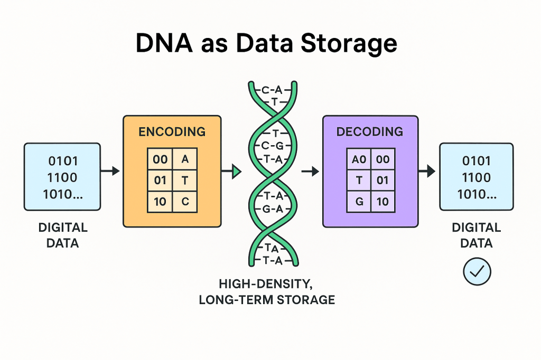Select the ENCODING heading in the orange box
[x=172, y=132]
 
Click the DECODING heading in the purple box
[x=369, y=132]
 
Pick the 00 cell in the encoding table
[x=160, y=159]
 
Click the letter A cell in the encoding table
[x=184, y=159]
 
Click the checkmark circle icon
[x=477, y=271]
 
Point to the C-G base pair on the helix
[x=273, y=146]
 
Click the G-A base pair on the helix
[x=273, y=209]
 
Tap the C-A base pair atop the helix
[x=273, y=90]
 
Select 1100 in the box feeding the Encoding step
[x=62, y=177]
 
